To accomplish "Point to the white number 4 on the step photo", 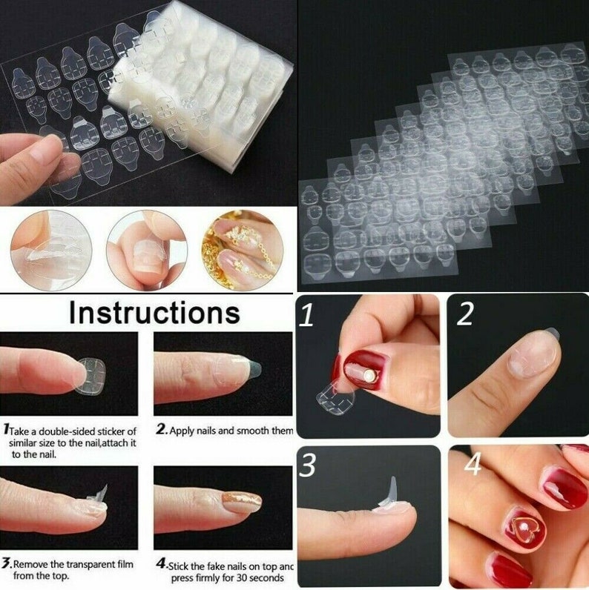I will coord(473,465).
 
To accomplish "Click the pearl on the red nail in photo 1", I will coord(369,377).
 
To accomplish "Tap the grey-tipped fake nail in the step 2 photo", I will coord(249,366).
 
